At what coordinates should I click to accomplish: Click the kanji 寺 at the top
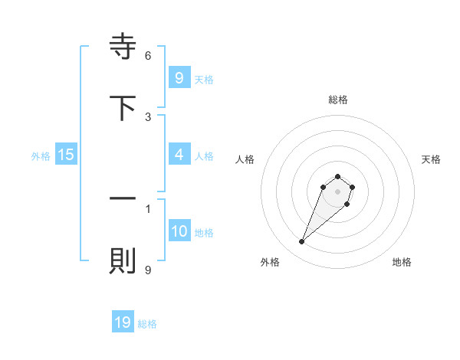[123, 48]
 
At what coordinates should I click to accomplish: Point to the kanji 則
[123, 262]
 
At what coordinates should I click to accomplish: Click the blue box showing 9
[179, 77]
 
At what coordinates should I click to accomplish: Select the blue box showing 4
[179, 155]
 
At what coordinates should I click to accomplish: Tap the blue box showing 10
[179, 231]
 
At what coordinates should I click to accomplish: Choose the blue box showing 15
[66, 155]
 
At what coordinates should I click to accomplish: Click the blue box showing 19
[123, 322]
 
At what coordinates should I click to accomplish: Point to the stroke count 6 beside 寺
[148, 55]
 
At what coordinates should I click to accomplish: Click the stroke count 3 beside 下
[148, 116]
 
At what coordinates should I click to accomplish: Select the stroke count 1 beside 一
[148, 208]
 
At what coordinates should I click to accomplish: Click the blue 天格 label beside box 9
[204, 79]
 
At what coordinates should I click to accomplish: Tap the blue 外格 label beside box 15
[41, 155]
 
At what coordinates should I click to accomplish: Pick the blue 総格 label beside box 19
[148, 324]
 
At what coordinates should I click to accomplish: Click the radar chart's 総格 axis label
[338, 100]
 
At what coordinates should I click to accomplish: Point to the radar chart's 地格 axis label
[402, 262]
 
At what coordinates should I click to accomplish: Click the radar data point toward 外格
[301, 242]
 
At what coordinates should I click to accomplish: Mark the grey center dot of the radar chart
[338, 191]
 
